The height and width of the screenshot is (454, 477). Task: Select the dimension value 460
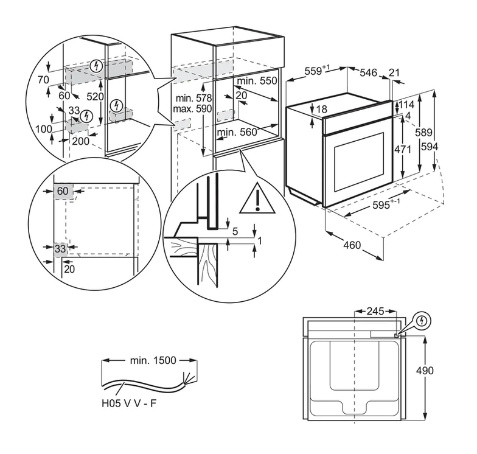pyautogui.click(x=352, y=246)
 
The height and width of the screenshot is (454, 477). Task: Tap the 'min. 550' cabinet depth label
pyautogui.click(x=257, y=80)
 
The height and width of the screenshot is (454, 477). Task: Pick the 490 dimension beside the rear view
pyautogui.click(x=442, y=371)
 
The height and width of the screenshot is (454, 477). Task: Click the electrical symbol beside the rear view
pyautogui.click(x=422, y=320)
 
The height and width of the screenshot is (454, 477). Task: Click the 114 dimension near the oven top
pyautogui.click(x=407, y=105)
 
